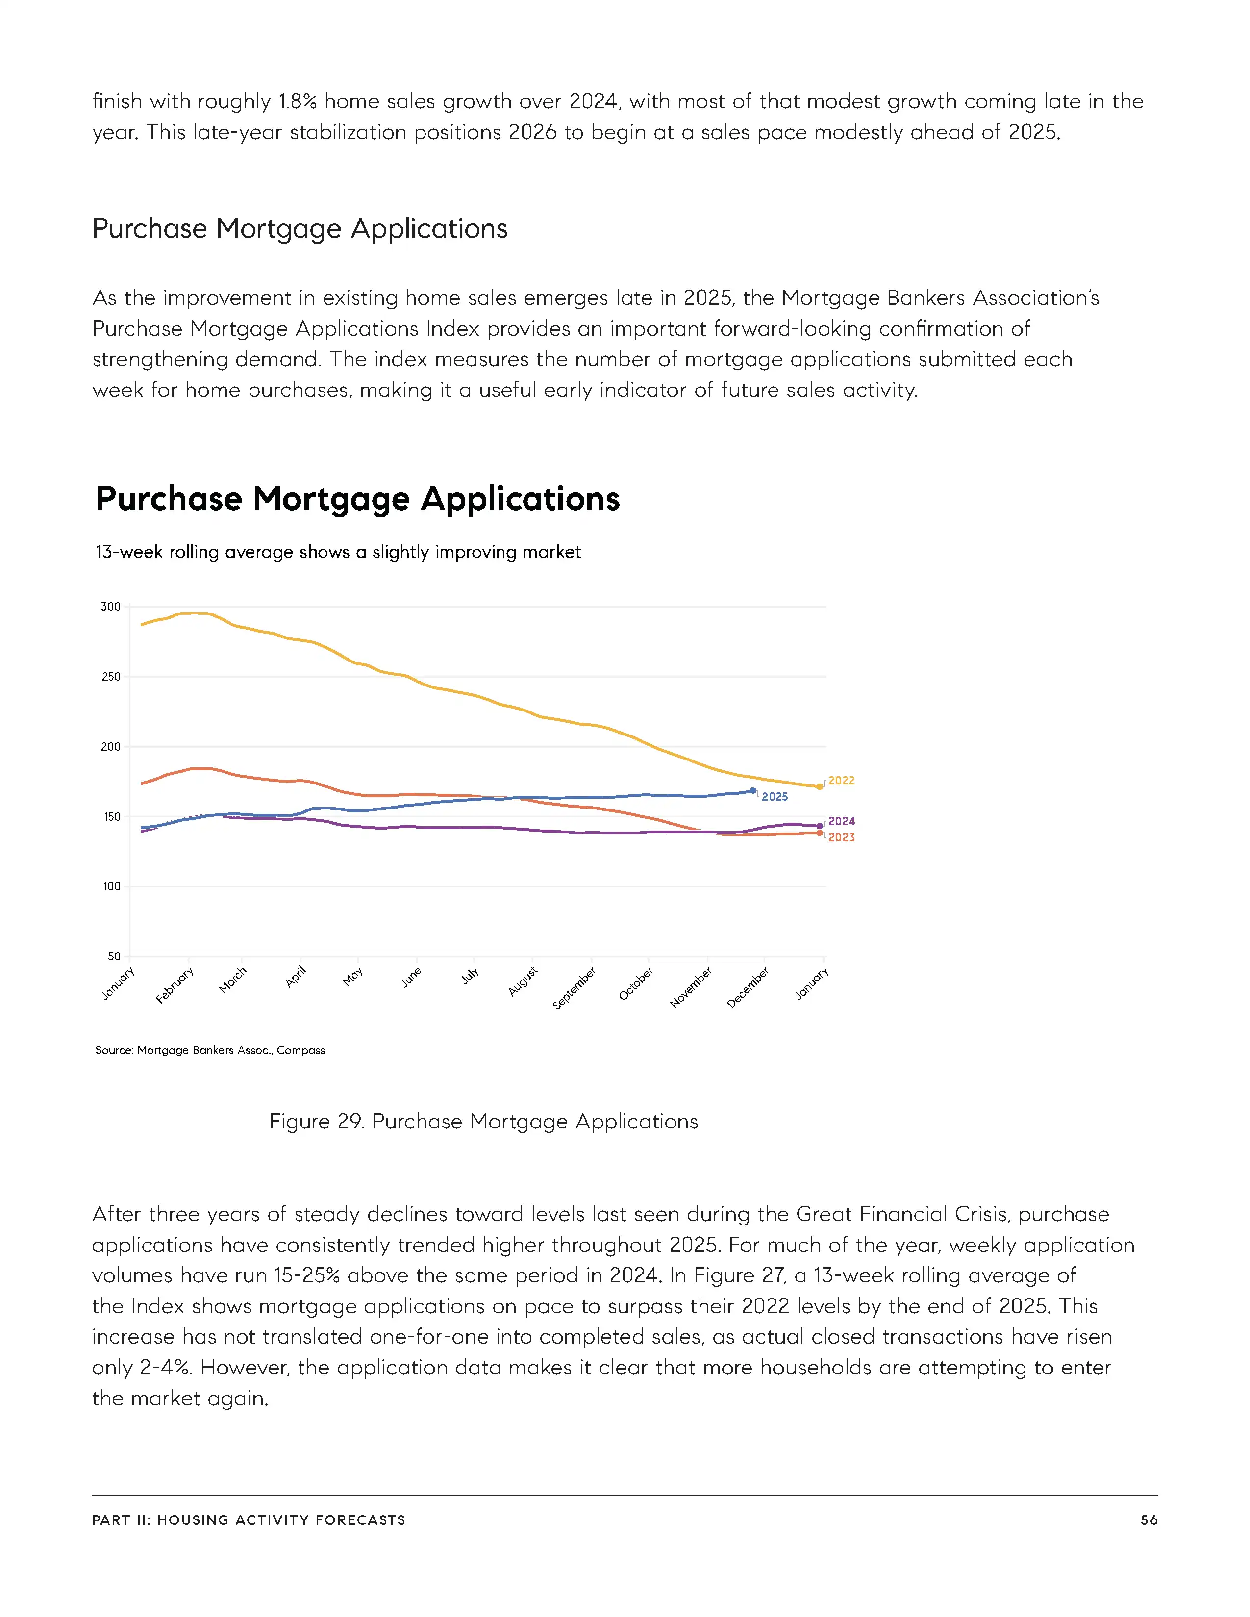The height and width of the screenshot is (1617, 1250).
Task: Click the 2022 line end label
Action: [x=841, y=781]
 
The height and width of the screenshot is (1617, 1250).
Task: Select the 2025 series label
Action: [x=775, y=797]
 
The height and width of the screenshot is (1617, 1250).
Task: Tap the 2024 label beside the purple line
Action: [x=841, y=821]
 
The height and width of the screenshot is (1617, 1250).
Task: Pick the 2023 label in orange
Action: [x=841, y=837]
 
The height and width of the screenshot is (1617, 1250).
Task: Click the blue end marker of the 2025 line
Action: [x=753, y=791]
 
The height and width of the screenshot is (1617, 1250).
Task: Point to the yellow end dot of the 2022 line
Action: [x=820, y=786]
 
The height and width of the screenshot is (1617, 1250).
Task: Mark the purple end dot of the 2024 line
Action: [x=820, y=826]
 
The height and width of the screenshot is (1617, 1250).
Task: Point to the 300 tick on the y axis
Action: [x=110, y=607]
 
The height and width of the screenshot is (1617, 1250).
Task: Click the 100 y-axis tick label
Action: [x=111, y=886]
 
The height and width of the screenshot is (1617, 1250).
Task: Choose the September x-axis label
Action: [x=574, y=988]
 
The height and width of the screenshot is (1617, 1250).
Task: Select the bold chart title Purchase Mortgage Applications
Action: [x=358, y=498]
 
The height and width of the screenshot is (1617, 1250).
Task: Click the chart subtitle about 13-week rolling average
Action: [x=338, y=552]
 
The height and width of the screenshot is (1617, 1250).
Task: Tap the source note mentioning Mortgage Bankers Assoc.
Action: [x=210, y=1050]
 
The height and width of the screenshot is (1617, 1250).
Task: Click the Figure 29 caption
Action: [x=483, y=1122]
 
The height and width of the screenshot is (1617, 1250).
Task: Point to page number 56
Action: [x=1149, y=1520]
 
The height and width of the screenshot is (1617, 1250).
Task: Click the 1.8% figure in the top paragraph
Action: [x=298, y=101]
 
